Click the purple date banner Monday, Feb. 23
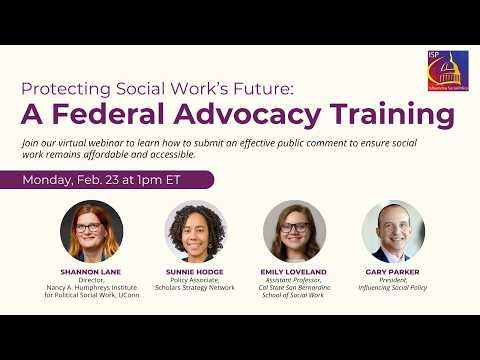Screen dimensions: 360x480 coord(116,179)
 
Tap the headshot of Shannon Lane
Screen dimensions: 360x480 coord(91,231)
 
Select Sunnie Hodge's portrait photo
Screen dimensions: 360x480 coord(195,231)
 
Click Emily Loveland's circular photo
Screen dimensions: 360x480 coord(294,231)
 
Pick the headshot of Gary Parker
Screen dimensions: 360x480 coord(392,231)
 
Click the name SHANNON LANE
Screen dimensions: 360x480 coord(90,271)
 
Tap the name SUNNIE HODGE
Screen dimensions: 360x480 coord(196,271)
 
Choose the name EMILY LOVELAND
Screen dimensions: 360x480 coord(294,271)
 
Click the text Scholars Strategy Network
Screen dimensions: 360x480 coord(195,289)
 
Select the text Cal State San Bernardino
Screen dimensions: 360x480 coord(294,289)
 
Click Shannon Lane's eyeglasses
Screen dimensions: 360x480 coord(91,227)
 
